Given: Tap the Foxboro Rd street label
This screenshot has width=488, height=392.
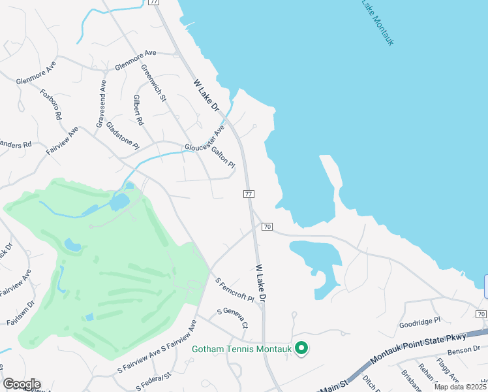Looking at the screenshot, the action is (x=50, y=104).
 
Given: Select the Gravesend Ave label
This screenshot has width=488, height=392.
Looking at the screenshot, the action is (x=100, y=104).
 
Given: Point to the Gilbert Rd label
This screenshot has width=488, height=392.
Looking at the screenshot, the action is (x=138, y=110).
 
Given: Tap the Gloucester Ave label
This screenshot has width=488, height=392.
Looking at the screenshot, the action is (x=204, y=139).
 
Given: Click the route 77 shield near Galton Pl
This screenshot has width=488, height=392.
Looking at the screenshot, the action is (x=248, y=194).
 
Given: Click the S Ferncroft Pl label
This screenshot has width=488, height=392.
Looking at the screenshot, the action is (x=234, y=289).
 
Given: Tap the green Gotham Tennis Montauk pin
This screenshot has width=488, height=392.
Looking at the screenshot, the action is (x=301, y=348).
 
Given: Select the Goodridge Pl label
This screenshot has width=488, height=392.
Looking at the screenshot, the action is (x=420, y=321).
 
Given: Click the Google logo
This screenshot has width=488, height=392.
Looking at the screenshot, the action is (x=22, y=384).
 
